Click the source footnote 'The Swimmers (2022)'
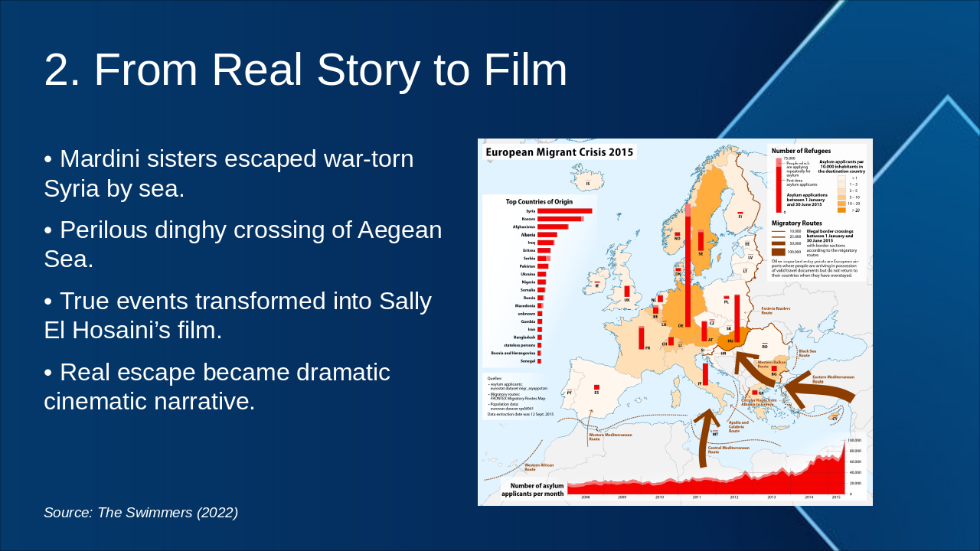click(x=168, y=513)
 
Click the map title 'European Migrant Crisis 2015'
click(x=560, y=152)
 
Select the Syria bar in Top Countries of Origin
click(x=564, y=211)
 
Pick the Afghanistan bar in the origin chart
click(x=553, y=227)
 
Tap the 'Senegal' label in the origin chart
click(x=527, y=360)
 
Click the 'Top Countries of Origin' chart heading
click(x=539, y=202)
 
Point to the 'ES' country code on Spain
click(x=596, y=393)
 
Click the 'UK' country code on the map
click(x=626, y=300)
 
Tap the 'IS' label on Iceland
click(x=588, y=184)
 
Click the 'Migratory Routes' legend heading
click(x=796, y=223)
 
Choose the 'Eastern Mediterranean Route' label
click(x=832, y=379)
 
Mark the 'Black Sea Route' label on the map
click(x=808, y=353)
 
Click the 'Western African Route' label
click(x=539, y=467)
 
